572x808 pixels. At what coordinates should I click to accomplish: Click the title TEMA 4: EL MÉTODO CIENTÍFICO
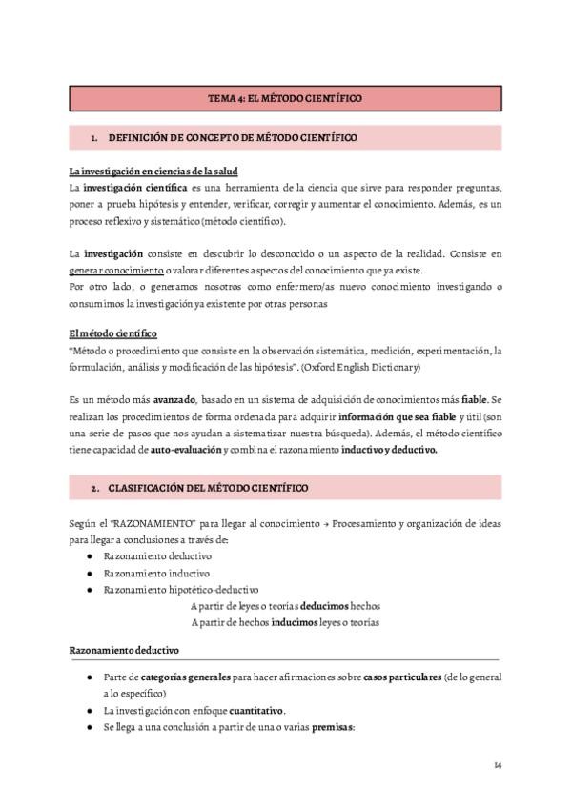pyautogui.click(x=285, y=98)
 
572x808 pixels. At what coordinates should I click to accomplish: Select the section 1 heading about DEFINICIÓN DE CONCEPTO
pyautogui.click(x=233, y=138)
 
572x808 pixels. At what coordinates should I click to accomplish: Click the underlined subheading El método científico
pyautogui.click(x=113, y=334)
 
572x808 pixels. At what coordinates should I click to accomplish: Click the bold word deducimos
pyautogui.click(x=323, y=605)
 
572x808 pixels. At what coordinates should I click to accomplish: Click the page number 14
pyautogui.click(x=498, y=765)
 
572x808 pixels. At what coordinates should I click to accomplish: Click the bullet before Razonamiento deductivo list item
pyautogui.click(x=89, y=556)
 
